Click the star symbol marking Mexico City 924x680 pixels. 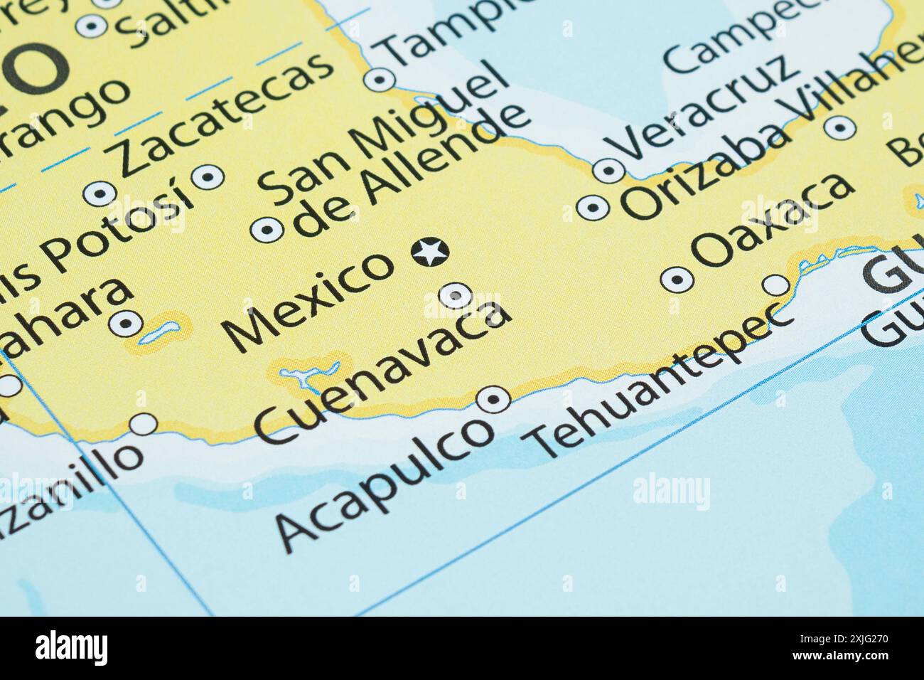point(429,252)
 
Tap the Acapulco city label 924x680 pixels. point(385,483)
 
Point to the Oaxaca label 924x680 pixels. point(774,221)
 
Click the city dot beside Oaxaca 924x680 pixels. point(677,280)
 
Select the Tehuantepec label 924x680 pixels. point(661,384)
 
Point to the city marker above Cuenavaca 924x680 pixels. point(456,294)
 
